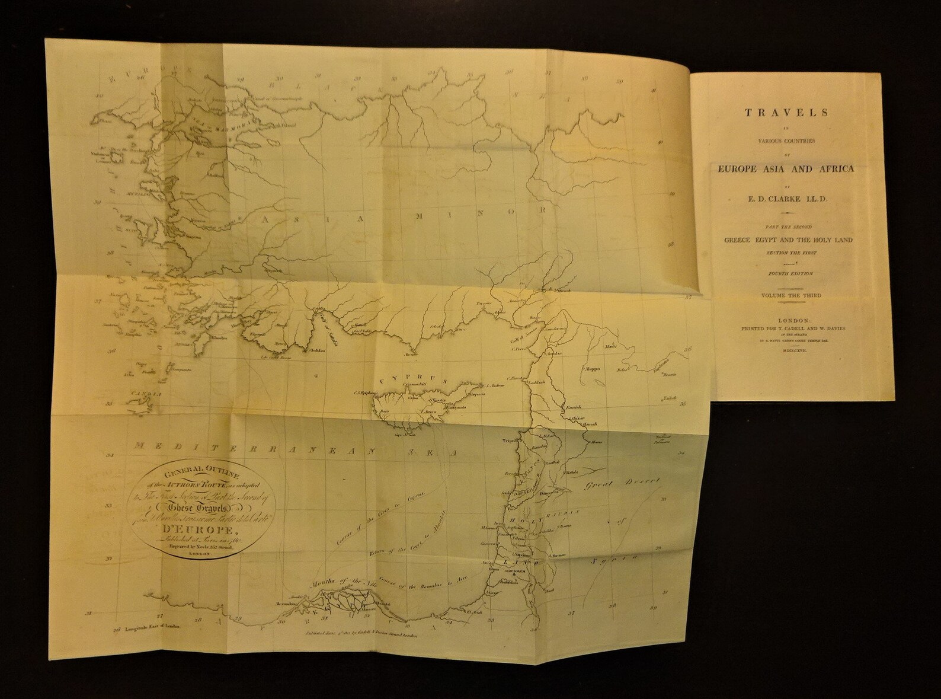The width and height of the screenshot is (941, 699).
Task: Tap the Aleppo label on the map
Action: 593,368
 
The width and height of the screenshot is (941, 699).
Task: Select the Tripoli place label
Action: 511,441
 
